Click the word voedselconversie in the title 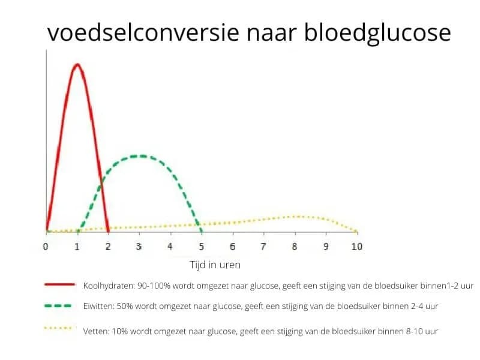[x=143, y=32]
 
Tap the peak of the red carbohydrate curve [x=77, y=64]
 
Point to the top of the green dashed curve [x=139, y=156]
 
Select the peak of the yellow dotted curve [x=296, y=216]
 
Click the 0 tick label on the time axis [x=46, y=247]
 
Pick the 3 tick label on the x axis [x=139, y=247]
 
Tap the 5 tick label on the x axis [x=201, y=247]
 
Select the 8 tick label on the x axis [x=295, y=247]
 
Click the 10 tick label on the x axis [x=357, y=247]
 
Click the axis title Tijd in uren [x=215, y=264]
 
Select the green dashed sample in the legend [x=59, y=305]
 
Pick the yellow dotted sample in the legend [x=59, y=329]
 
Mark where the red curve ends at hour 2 [x=108, y=231]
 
